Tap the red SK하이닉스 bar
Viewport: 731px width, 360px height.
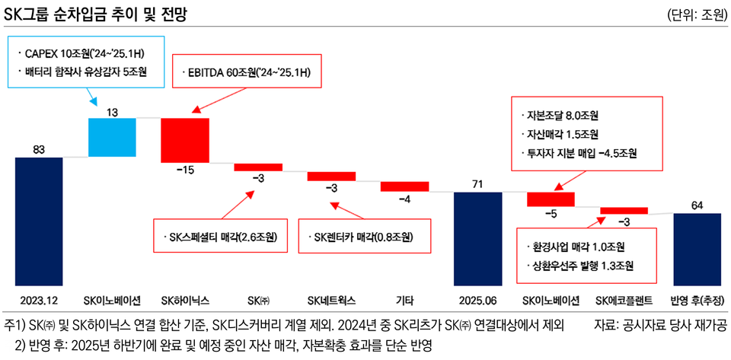185,139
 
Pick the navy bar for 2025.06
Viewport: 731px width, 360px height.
477,236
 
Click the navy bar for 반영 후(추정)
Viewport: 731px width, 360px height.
697,247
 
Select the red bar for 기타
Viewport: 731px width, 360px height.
404,186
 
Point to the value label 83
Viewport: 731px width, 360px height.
39,150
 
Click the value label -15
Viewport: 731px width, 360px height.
185,170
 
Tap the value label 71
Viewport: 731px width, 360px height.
477,184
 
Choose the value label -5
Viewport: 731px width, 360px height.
551,214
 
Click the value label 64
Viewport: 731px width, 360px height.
697,205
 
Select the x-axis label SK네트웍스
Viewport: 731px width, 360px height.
332,299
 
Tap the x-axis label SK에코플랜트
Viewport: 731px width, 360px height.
624,299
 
